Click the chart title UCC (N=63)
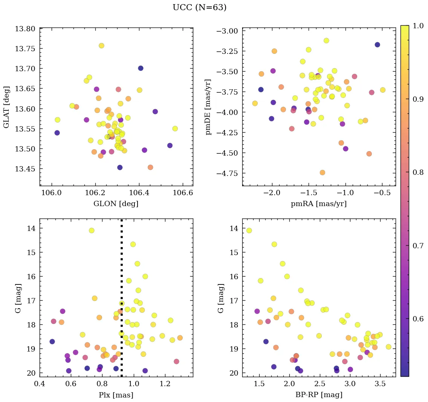(199, 8)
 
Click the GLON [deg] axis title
(116, 204)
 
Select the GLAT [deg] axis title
(6, 107)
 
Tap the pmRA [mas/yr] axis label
(318, 204)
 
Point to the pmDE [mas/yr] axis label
(208, 107)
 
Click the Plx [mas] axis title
(116, 395)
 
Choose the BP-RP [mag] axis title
(318, 395)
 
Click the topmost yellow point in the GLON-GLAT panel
(101, 46)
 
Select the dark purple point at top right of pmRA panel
(377, 44)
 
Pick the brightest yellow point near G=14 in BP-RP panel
(249, 231)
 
